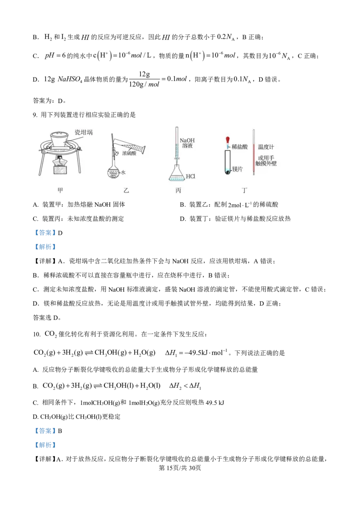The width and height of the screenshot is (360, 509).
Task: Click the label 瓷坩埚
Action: click(x=83, y=133)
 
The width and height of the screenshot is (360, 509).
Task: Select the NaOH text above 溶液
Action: click(x=187, y=140)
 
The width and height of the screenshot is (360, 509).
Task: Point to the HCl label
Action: click(x=190, y=176)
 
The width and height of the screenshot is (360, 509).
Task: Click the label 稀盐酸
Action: click(x=240, y=147)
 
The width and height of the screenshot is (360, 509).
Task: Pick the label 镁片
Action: click(x=237, y=169)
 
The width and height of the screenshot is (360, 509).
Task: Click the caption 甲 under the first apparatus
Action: click(x=60, y=190)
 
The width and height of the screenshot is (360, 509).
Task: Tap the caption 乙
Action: click(x=126, y=190)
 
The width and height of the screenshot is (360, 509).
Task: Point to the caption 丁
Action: click(x=244, y=190)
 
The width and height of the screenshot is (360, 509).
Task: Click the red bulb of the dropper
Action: click(x=228, y=140)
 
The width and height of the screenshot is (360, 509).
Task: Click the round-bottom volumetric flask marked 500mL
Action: click(x=113, y=173)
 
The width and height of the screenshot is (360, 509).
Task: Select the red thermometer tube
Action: click(x=254, y=153)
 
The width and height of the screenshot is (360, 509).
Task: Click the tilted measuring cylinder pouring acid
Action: click(x=133, y=146)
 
